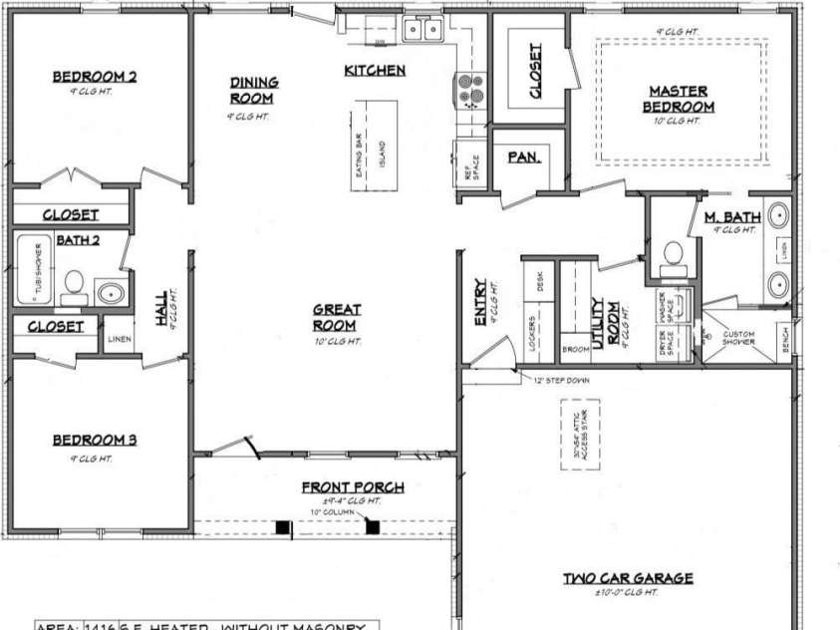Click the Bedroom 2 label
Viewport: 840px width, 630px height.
tap(95, 76)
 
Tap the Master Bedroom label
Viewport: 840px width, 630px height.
tap(678, 99)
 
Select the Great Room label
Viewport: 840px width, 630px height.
tap(337, 317)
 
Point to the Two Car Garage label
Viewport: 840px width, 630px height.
tap(628, 578)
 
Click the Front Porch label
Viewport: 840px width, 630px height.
tap(353, 487)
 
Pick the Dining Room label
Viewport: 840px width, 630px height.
tap(254, 91)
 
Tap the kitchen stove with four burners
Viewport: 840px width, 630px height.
tap(470, 90)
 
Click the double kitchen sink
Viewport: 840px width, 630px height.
tap(422, 30)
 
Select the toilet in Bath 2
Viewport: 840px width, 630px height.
tap(73, 283)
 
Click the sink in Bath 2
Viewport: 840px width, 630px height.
tap(111, 294)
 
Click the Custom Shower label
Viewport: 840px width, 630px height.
tap(738, 338)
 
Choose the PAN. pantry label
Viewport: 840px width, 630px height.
tap(524, 157)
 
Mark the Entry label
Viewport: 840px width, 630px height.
tap(480, 301)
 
